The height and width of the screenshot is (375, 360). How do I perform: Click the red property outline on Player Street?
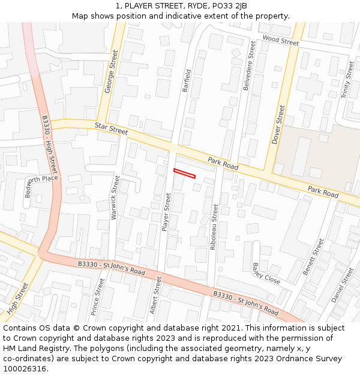pos(185,173)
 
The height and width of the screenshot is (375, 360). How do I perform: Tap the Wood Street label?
pos(280,40)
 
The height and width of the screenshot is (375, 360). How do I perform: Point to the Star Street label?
pos(111,128)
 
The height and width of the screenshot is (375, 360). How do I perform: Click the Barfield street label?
pos(186,80)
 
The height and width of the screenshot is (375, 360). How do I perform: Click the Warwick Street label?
pos(115,197)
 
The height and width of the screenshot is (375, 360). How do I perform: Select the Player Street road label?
pos(167,212)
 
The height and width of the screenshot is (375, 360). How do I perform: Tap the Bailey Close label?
pos(266,274)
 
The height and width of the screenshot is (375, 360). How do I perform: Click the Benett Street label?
pos(313,257)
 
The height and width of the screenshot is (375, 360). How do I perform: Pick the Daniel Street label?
pos(343,284)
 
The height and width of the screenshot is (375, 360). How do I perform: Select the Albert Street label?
pos(156,295)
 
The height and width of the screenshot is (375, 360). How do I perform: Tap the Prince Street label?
pos(97,297)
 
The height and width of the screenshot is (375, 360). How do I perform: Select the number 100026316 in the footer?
pos(25,369)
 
